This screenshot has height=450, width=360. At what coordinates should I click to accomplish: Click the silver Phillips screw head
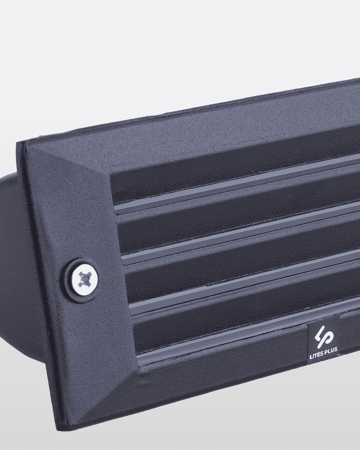coord(84,280)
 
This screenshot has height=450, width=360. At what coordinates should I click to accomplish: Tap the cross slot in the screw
coord(84,280)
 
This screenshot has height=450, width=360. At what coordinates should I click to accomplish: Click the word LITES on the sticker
coord(317,356)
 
